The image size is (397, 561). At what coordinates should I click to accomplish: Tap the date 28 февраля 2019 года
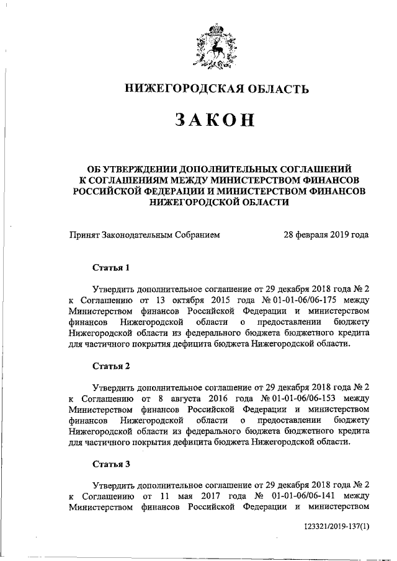[326, 235]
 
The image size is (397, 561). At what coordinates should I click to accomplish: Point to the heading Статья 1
[112, 268]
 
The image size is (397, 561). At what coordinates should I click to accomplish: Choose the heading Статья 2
[112, 366]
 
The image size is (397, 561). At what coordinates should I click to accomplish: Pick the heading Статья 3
[112, 463]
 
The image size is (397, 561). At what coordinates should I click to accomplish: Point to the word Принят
[86, 235]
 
